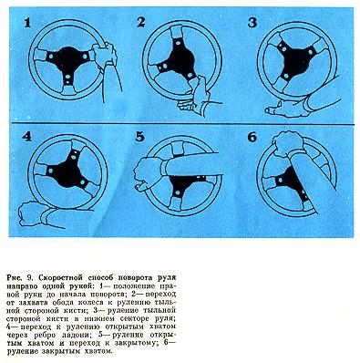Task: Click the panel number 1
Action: coord(27,24)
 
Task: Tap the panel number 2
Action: coord(140,23)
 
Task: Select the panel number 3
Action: coord(252,23)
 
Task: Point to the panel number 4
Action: coord(26,137)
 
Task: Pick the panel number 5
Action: coord(139,137)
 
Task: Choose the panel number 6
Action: coord(252,138)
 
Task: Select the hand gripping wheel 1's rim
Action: coord(104,54)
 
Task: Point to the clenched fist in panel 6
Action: coord(287,144)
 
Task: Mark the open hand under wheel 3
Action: coord(284,109)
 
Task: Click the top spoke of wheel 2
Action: coord(176,35)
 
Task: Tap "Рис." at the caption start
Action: coord(14,277)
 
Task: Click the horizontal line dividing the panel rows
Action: coord(183,125)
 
